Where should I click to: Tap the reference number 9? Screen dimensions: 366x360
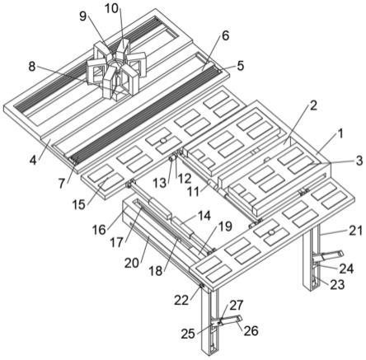[x=82, y=16]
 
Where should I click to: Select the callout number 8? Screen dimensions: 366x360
[x=32, y=67]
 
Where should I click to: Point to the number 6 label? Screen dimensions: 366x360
[x=225, y=35]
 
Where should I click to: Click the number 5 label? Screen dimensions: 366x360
[x=241, y=66]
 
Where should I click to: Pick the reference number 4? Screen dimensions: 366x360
[x=33, y=160]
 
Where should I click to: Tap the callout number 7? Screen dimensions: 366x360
[x=62, y=184]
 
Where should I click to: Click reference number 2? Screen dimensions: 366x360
[x=313, y=105]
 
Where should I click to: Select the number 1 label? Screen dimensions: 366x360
[x=340, y=134]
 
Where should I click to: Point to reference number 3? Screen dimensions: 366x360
[x=359, y=161]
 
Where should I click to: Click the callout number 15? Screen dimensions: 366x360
[x=79, y=204]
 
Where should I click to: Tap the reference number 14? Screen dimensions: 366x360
[x=204, y=216]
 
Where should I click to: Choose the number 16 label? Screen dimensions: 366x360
[x=99, y=230]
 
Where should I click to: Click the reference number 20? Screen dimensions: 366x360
[x=133, y=263]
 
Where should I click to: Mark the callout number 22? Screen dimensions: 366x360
[x=181, y=300]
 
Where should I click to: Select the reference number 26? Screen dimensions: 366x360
[x=251, y=330]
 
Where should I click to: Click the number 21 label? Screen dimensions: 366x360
[x=355, y=230]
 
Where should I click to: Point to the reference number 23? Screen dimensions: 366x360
[x=337, y=285]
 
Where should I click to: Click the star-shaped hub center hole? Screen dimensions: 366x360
[x=114, y=65]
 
